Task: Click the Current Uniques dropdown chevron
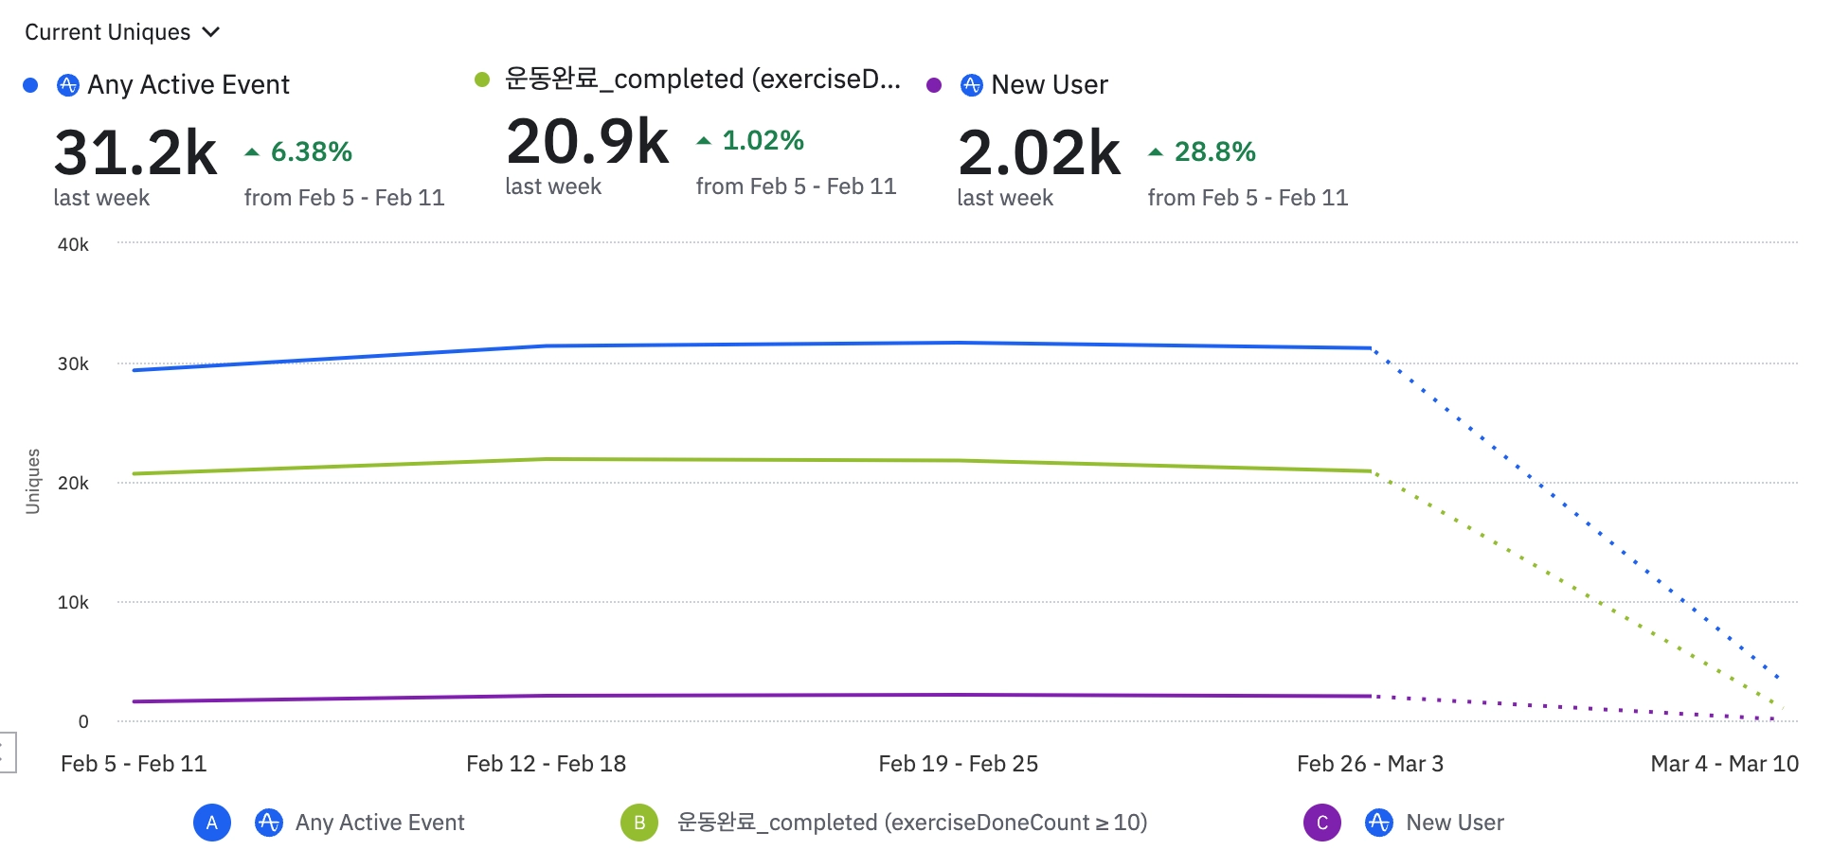coord(211,32)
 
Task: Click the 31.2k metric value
coord(135,152)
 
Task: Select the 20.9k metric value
coord(587,142)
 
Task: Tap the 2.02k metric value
coord(1039,152)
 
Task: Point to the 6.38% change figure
coord(311,151)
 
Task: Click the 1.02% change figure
coord(763,140)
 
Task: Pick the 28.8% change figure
coord(1214,151)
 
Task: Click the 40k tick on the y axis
coord(73,244)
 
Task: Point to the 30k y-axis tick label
coord(73,363)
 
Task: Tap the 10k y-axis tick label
coord(73,602)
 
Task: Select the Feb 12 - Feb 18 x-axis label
coord(546,764)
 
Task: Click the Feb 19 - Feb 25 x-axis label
coord(958,764)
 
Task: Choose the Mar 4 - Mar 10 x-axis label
coord(1724,764)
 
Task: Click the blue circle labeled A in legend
coord(212,823)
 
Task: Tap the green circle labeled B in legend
coord(639,823)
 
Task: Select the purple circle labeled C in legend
coord(1322,823)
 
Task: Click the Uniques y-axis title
coord(33,481)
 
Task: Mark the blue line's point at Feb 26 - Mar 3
coord(1371,348)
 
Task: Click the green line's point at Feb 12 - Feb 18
coord(547,459)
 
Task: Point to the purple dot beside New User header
coord(934,85)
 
